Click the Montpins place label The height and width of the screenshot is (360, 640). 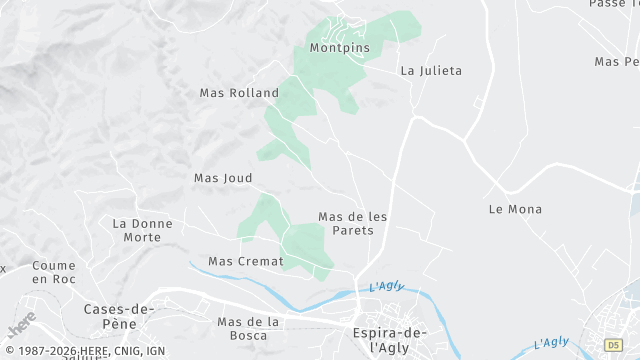pos(339,48)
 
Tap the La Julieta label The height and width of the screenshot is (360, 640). pos(431,71)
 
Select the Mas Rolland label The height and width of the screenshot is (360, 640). pos(239,93)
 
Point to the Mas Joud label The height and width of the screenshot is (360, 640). pos(223,178)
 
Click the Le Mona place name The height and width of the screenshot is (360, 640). pos(515,209)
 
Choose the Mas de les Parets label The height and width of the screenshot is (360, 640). pos(352,223)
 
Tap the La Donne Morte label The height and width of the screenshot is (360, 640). pos(142,230)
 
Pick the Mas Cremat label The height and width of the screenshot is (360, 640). pos(246,261)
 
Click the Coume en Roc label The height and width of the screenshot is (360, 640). pos(54,272)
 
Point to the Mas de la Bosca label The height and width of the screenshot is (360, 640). pos(247,328)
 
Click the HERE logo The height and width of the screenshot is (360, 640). pos(21,326)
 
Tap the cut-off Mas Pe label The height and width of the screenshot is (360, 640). pos(616,62)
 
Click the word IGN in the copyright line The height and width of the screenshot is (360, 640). pos(155,352)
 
